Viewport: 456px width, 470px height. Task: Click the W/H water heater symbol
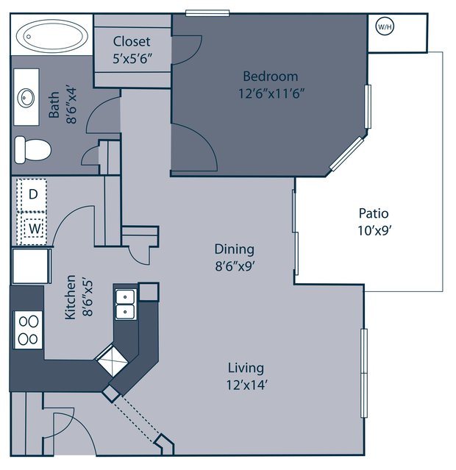tap(385, 26)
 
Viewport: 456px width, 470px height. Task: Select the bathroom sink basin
tap(26, 97)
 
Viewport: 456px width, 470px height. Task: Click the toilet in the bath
tap(32, 150)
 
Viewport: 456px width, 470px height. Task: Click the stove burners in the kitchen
tap(28, 330)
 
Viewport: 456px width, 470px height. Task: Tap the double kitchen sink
tap(126, 305)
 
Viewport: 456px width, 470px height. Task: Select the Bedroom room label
tap(271, 76)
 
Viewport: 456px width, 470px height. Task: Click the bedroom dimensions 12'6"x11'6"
tap(271, 93)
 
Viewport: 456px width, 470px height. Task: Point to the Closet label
tap(132, 41)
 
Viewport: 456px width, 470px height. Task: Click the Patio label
tap(374, 213)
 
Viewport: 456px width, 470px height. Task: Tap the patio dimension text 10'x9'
tap(375, 230)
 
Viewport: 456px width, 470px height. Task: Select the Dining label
tap(235, 249)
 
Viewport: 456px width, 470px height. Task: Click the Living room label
tap(246, 368)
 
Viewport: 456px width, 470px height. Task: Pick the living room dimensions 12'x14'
tap(246, 385)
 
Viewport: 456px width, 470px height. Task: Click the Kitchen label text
tap(71, 297)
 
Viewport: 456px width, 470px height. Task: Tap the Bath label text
tap(54, 104)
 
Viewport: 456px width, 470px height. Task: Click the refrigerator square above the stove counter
tap(31, 266)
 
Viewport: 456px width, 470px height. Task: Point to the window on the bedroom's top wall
tap(207, 13)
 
